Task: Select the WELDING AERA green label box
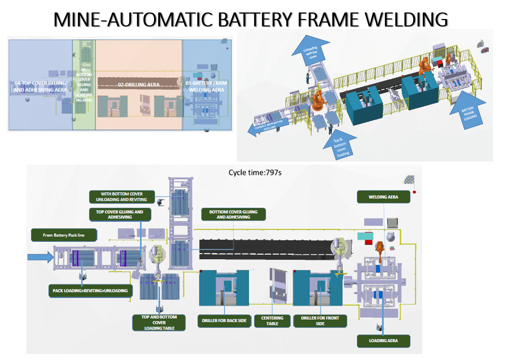point(384,197)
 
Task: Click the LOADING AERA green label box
point(384,341)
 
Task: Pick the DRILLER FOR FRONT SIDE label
point(320,321)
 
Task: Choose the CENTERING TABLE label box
point(272,321)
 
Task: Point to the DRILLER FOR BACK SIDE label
point(224,321)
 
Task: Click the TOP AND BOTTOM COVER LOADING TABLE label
point(159,323)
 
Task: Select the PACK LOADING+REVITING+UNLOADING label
point(90,291)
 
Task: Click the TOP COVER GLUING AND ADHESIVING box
point(116,214)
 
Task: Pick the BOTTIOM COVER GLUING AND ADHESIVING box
point(233,214)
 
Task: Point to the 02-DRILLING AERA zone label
point(139,85)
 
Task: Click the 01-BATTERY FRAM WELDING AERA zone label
point(206,86)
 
